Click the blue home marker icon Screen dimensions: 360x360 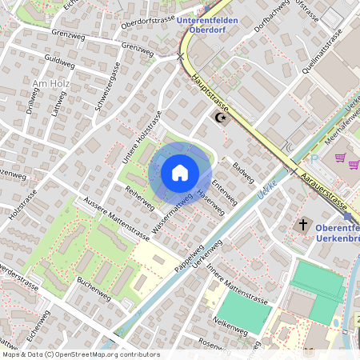(x=179, y=172)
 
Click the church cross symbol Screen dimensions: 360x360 (x=303, y=225)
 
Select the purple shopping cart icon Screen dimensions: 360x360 (x=342, y=158)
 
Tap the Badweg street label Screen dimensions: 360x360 (x=242, y=168)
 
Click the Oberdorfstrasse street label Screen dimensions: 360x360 (x=147, y=22)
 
